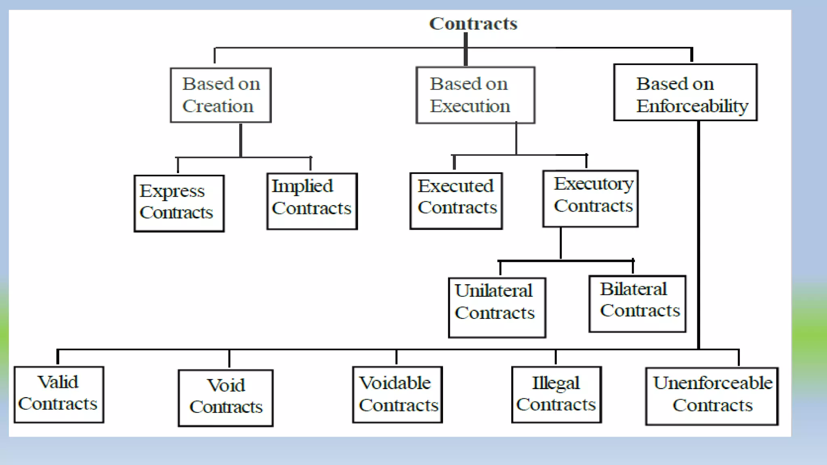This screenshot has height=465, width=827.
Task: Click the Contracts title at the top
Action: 473,23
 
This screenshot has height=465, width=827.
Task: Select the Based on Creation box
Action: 220,95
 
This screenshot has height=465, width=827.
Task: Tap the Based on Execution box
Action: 475,95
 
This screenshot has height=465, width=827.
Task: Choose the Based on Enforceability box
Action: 685,92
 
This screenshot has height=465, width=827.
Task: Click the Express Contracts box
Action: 179,203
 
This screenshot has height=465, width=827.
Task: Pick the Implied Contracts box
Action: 312,201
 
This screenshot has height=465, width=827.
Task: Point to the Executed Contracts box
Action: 456,201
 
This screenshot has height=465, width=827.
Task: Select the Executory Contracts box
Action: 590,199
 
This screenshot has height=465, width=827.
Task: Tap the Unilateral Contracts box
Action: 497,307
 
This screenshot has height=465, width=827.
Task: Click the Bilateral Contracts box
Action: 637,304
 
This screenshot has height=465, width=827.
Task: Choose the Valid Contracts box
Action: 59,394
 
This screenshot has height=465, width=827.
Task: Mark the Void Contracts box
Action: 225,398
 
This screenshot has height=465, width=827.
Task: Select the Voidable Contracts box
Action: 397,394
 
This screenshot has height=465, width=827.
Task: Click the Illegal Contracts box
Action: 556,394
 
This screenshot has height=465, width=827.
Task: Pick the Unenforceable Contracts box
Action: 712,396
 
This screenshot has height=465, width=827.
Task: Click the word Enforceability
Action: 692,106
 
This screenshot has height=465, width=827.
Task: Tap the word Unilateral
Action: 493,291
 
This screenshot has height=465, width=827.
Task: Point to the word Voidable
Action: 395,383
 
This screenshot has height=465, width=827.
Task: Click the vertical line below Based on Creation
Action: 241,140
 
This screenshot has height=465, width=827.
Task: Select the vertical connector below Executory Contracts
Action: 560,243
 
